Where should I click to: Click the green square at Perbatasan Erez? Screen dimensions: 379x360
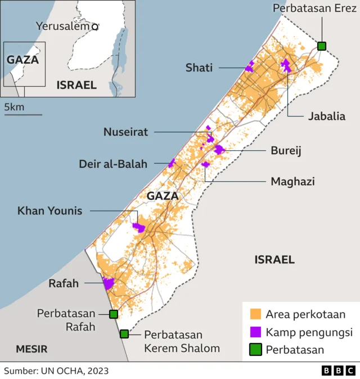[322, 46]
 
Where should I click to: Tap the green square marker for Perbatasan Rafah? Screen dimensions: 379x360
[114, 314]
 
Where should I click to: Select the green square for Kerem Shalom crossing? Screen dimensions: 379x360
[124, 334]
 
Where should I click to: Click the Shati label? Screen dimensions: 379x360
[199, 68]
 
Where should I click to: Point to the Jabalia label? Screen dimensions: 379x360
[326, 117]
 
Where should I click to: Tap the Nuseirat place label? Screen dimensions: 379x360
[125, 132]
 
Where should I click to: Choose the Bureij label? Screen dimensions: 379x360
[286, 151]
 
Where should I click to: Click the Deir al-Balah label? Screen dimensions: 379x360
[113, 164]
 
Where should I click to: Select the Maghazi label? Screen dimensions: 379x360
[292, 181]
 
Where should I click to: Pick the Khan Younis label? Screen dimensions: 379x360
[50, 211]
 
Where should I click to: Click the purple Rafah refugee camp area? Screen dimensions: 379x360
[108, 283]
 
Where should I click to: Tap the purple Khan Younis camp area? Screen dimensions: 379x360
[139, 228]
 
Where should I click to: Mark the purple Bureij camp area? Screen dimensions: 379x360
[219, 149]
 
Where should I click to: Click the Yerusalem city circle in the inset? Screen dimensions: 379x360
[95, 26]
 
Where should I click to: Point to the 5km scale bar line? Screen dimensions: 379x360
[23, 115]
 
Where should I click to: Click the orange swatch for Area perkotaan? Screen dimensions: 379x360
[256, 314]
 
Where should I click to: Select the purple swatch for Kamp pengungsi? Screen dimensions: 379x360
[256, 332]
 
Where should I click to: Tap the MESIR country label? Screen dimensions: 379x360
[31, 349]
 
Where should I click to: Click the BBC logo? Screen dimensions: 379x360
[338, 370]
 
